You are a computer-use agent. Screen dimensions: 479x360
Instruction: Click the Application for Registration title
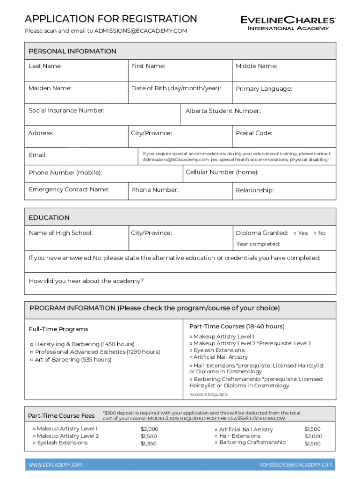[111, 19]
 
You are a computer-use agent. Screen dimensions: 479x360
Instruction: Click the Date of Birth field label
[176, 88]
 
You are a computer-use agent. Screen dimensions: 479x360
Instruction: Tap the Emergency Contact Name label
[69, 189]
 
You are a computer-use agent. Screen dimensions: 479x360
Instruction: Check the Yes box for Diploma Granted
[295, 233]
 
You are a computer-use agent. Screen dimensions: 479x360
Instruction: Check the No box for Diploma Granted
[315, 233]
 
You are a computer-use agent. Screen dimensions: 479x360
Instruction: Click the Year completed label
[258, 244]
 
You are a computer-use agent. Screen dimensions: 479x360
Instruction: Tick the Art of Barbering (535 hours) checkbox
[32, 360]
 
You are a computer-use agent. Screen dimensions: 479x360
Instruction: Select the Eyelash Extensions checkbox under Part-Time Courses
[191, 350]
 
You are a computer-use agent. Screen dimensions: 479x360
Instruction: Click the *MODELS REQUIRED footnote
[208, 395]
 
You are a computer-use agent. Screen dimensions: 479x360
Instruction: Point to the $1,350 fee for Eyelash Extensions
[149, 444]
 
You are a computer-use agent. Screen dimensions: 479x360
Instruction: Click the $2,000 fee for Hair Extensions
[313, 436]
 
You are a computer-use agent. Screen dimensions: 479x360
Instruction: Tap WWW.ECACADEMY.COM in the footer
[55, 465]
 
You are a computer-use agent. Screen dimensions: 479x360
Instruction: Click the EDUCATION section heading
[49, 218]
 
